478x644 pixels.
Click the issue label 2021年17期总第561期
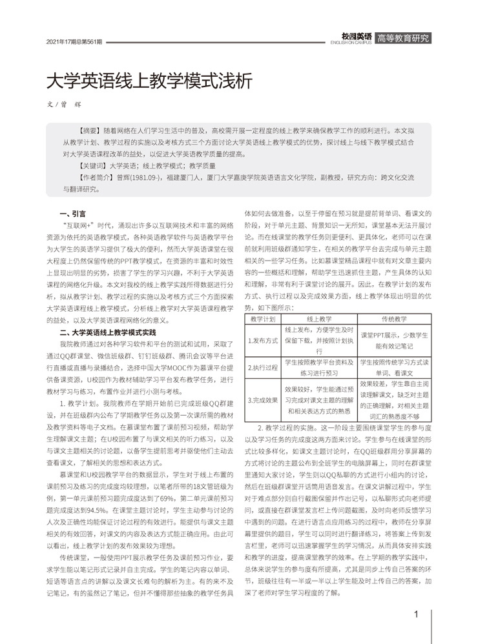point(75,42)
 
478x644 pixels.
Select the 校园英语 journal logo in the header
point(357,37)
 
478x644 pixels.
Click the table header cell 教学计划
point(263,319)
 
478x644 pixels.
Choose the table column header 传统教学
point(394,319)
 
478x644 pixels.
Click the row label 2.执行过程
point(263,368)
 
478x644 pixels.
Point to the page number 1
point(416,614)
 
